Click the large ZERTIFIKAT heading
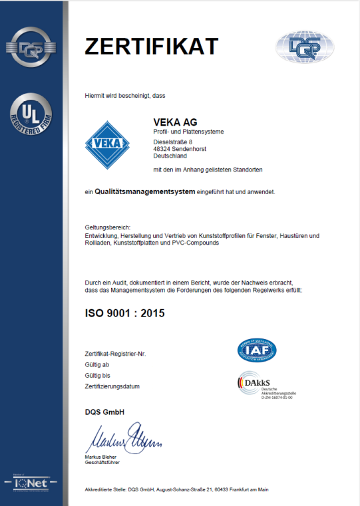click(151, 46)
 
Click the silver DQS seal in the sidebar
click(31, 47)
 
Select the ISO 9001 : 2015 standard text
click(124, 313)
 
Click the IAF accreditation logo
click(257, 349)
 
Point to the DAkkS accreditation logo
click(266, 385)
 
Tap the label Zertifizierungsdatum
click(112, 385)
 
